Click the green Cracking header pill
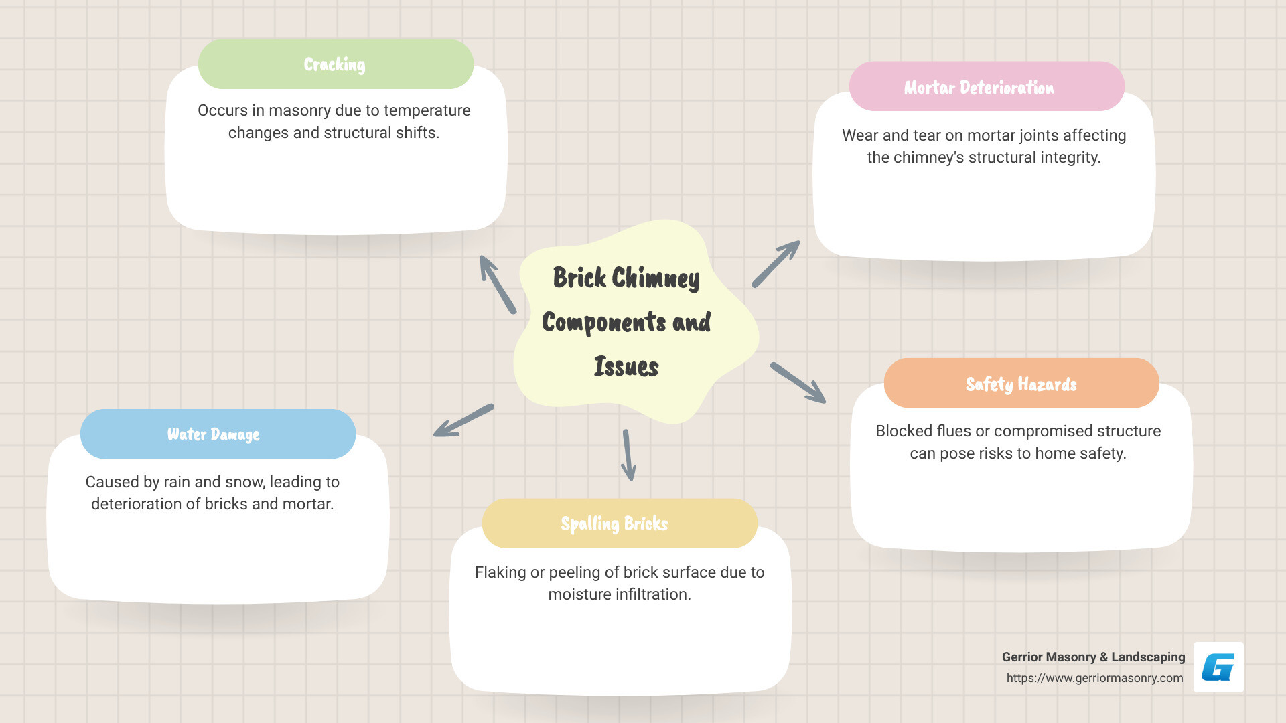click(x=336, y=64)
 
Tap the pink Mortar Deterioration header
click(x=986, y=87)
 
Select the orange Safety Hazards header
click(x=1021, y=384)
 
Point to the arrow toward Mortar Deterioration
click(x=776, y=264)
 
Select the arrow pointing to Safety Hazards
click(x=798, y=383)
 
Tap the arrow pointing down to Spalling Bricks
click(x=628, y=455)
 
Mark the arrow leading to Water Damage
click(x=463, y=420)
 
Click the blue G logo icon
click(x=1218, y=667)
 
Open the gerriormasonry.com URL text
click(x=1094, y=678)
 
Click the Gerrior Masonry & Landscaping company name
click(x=1093, y=657)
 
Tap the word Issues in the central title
click(x=626, y=367)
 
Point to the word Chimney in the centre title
click(x=655, y=278)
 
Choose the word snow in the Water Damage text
click(x=245, y=482)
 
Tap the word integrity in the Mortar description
click(x=1068, y=157)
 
